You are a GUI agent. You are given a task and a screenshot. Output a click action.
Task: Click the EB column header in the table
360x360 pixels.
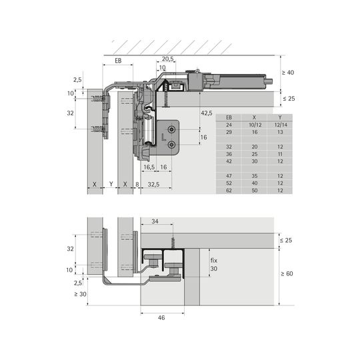229,117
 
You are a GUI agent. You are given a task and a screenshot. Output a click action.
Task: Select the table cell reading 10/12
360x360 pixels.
255,125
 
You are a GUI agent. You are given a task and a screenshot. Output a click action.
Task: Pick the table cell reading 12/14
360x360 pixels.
281,125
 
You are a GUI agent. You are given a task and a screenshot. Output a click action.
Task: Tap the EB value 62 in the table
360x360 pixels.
229,190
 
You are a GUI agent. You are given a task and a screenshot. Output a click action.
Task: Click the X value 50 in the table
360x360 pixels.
255,190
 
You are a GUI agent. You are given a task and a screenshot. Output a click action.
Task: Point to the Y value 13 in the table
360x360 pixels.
280,132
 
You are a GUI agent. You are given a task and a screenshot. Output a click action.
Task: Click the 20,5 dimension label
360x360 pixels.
168,59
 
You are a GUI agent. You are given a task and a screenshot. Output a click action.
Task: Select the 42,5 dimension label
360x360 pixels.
207,113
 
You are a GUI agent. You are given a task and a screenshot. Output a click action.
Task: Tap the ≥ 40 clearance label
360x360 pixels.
288,73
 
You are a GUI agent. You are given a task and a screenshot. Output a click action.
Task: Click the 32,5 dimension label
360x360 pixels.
153,185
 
